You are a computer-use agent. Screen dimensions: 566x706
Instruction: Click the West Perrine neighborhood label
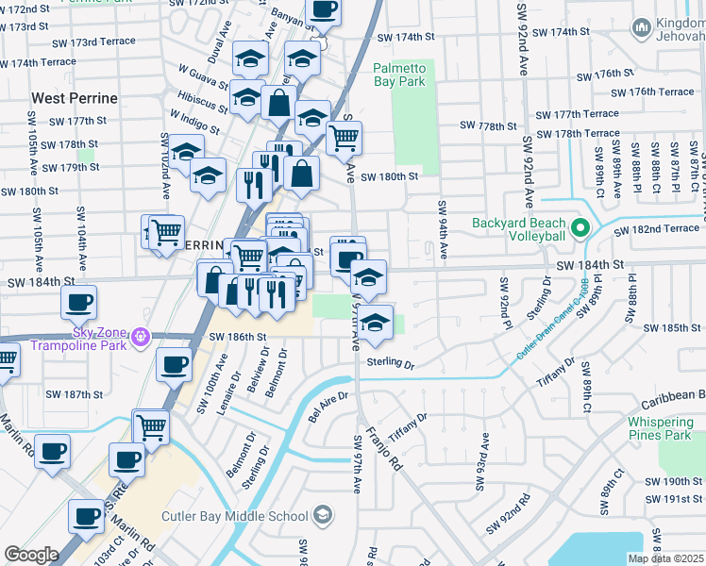(x=75, y=98)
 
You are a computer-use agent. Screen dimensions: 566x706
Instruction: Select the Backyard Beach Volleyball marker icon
(x=581, y=228)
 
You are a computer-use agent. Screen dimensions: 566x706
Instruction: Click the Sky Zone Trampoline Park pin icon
(x=142, y=336)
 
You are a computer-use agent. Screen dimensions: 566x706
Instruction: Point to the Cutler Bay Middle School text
(x=235, y=516)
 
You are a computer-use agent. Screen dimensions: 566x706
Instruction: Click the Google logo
(x=31, y=554)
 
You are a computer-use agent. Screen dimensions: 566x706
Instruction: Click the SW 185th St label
(x=667, y=328)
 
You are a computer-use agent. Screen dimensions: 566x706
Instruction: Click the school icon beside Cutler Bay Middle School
(x=323, y=515)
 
